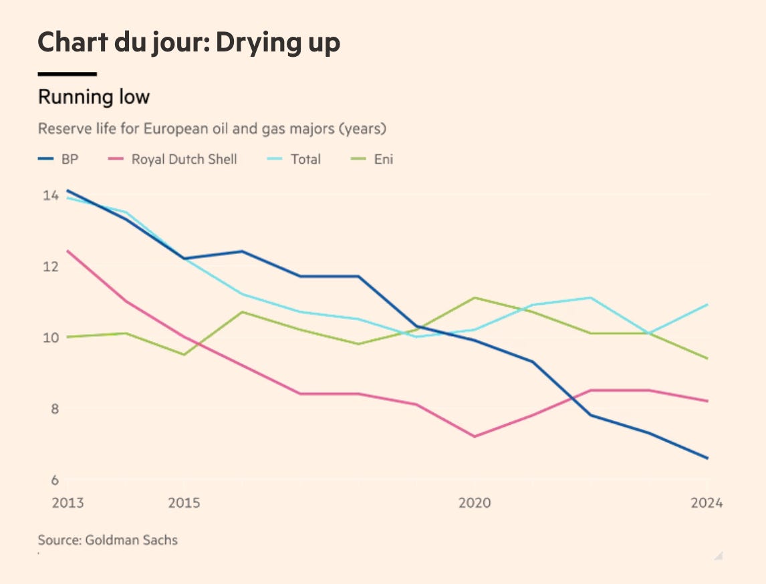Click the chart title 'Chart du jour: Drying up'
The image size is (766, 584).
coord(189,43)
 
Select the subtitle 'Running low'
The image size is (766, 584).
coord(94,97)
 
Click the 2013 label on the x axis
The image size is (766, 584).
coord(68,502)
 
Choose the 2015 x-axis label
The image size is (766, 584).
coord(184,502)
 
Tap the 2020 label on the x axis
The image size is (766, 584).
coord(475,502)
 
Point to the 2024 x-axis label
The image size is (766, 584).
coord(707,502)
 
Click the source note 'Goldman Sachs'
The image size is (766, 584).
coord(131,540)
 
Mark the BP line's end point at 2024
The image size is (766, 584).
coord(707,458)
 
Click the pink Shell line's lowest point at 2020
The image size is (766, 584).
coord(475,436)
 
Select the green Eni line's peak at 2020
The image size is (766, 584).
coord(475,297)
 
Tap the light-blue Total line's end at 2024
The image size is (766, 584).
coord(707,305)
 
